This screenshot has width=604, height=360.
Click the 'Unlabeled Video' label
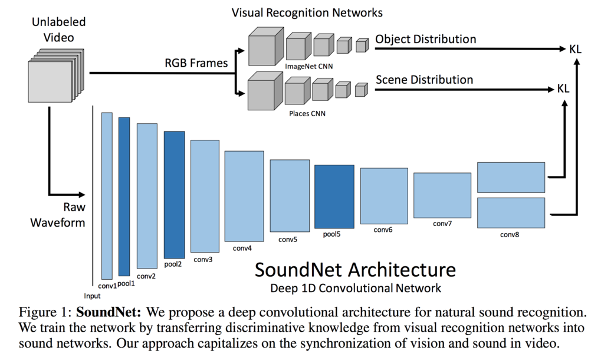pyautogui.click(x=58, y=30)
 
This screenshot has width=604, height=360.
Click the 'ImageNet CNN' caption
pyautogui.click(x=308, y=66)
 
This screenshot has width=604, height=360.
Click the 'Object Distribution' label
pyautogui.click(x=425, y=40)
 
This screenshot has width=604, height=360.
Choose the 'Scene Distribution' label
pyautogui.click(x=424, y=80)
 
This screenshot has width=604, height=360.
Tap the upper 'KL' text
pyautogui.click(x=575, y=50)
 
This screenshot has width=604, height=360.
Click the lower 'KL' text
pyautogui.click(x=563, y=89)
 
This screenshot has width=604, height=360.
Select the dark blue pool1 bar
pyautogui.click(x=124, y=197)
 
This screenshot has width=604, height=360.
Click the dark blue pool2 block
pyautogui.click(x=174, y=195)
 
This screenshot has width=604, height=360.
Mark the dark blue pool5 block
pyautogui.click(x=334, y=197)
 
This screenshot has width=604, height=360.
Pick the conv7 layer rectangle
pyautogui.click(x=442, y=195)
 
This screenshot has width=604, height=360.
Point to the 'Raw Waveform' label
pyautogui.click(x=58, y=215)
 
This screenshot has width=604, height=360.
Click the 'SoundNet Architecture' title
pyautogui.click(x=354, y=270)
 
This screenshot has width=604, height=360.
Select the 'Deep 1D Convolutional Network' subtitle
pyautogui.click(x=355, y=288)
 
